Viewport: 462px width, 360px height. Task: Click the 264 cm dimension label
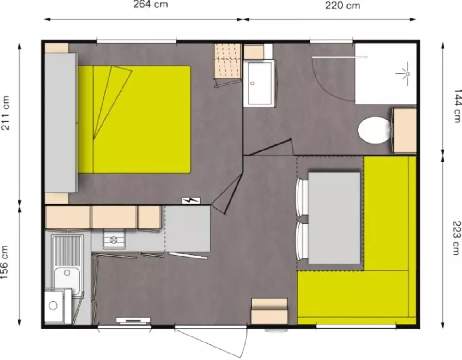(x=150, y=6)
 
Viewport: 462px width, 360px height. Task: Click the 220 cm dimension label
(x=342, y=6)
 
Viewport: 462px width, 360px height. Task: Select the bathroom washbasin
(x=260, y=82)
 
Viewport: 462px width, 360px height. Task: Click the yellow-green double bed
(x=141, y=119)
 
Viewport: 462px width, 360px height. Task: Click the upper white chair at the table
(x=302, y=197)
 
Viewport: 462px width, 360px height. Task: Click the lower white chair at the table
(x=302, y=241)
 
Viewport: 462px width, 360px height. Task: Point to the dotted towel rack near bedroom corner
(x=228, y=61)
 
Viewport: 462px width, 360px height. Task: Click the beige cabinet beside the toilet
(x=405, y=131)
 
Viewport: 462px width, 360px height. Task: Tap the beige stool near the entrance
(x=269, y=311)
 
